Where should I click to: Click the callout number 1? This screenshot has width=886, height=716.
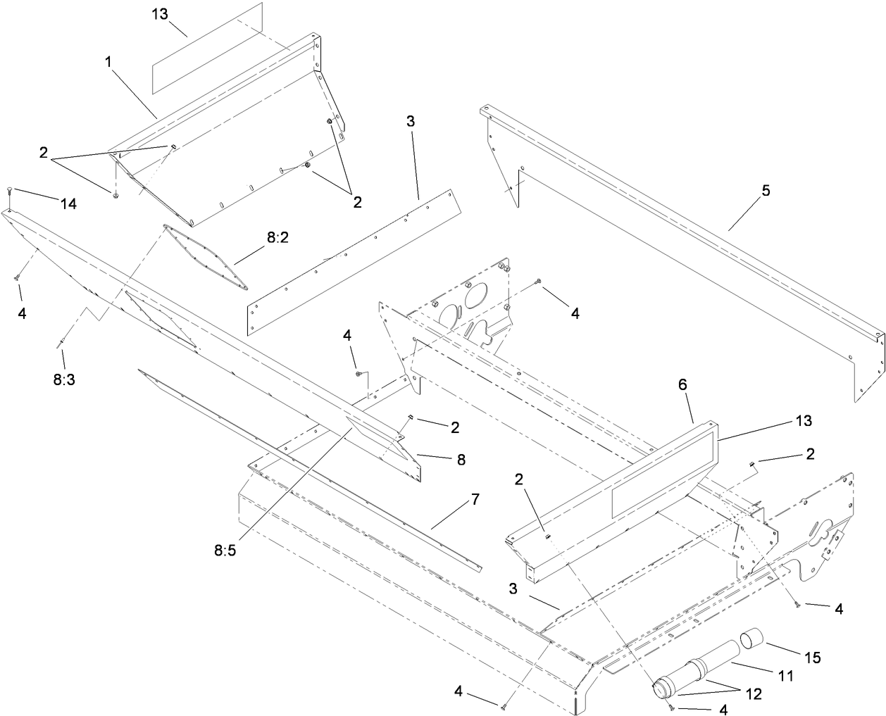coord(109,63)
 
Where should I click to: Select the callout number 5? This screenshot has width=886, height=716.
coord(766,190)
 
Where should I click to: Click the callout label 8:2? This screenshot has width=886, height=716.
coord(277,238)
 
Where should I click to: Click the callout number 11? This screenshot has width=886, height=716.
coord(786,676)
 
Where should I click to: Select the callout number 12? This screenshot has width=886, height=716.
coord(753,694)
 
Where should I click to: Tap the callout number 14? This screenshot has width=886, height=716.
coord(68,204)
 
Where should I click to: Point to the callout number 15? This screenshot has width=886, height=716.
coord(813,658)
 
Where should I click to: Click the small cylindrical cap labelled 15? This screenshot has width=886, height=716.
coord(752,642)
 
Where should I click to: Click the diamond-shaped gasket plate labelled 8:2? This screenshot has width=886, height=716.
coord(206,256)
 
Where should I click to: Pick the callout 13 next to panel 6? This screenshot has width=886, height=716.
coord(802,421)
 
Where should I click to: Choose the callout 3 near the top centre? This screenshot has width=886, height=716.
coord(411,121)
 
